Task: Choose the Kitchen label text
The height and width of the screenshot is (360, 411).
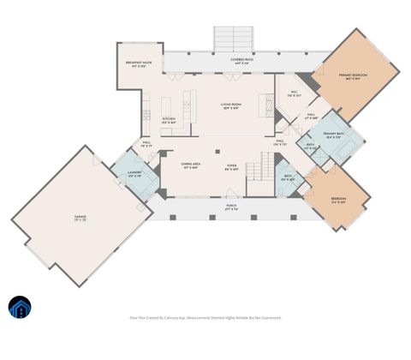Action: pos(169,121)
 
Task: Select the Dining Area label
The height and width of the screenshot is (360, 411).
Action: pos(191,166)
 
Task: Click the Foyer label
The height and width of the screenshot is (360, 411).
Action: pos(231,166)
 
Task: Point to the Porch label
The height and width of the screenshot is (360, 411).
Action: pos(231,207)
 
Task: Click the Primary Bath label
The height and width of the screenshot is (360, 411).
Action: pos(334,135)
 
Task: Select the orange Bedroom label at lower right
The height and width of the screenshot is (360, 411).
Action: pos(338,201)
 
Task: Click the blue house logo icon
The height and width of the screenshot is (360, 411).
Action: pos(20,308)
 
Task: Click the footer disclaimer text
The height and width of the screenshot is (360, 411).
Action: pos(205,318)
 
